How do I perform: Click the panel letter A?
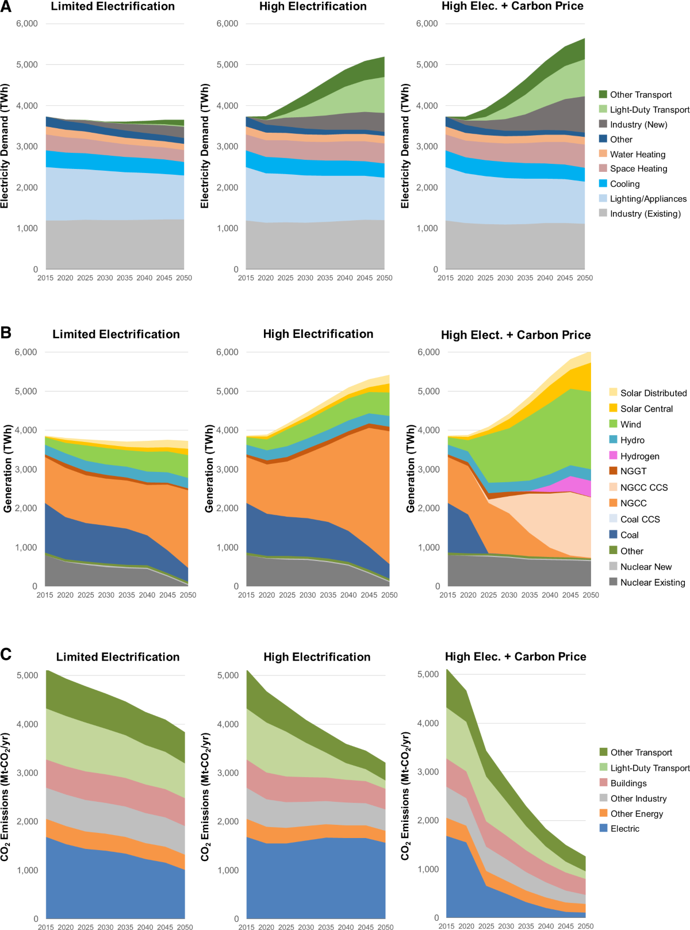point(6,7)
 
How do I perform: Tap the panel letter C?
point(6,654)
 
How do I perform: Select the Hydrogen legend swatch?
point(614,455)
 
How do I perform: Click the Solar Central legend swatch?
point(614,408)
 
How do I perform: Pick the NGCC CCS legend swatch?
point(614,487)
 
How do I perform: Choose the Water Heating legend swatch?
point(603,154)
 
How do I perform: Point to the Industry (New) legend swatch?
point(603,124)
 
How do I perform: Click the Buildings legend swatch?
point(604,783)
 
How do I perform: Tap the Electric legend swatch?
point(604,828)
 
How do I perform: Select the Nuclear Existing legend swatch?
point(614,582)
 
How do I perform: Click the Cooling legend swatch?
point(603,183)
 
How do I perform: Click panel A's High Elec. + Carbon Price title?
point(512,6)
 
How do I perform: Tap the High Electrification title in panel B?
point(318,334)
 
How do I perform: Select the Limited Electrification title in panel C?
point(118,657)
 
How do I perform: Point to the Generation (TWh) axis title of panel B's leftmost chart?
point(7,469)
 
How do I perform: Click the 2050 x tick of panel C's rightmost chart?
point(585,926)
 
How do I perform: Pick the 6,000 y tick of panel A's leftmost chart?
point(27,24)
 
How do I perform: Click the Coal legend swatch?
point(614,535)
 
